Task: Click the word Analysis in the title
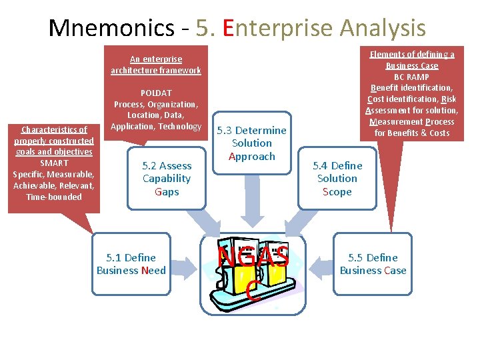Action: coord(383,28)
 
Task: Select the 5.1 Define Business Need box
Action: coord(131,264)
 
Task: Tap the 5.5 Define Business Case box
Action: coord(373,264)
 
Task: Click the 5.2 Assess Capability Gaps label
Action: coord(167,179)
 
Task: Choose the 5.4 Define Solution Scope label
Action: coord(337,179)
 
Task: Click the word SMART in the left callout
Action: coord(54,163)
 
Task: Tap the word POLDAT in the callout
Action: coord(156,93)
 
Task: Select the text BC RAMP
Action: coord(412,77)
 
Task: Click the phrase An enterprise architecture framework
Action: coord(156,65)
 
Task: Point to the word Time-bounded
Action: coord(54,197)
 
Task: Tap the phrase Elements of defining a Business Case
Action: coord(412,60)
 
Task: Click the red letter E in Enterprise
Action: coord(230,28)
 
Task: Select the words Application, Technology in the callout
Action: coord(156,127)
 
